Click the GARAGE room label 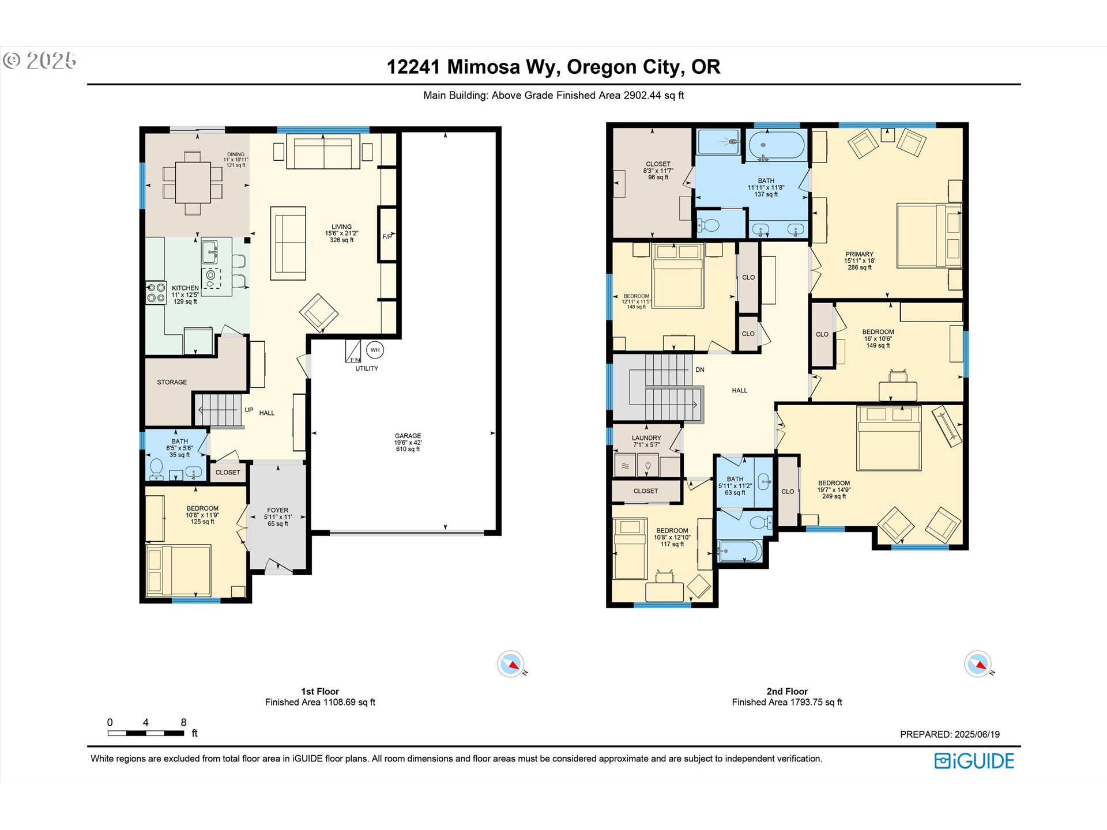coord(408,436)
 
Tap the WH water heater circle coord(375,350)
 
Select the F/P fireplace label coord(387,236)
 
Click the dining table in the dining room coord(193,182)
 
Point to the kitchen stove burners coord(156,292)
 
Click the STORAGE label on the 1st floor coord(172,382)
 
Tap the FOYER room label coord(277,510)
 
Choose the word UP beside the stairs coord(249,410)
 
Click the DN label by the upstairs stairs coord(700,369)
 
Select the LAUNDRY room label coord(646,438)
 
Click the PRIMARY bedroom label coord(859,254)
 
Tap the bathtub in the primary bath coord(777,145)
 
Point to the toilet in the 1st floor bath coord(156,469)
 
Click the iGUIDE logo coord(974,761)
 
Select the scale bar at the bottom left coord(146,733)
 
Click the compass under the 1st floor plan coord(511,665)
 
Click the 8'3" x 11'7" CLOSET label coord(658,164)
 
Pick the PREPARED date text coord(950,734)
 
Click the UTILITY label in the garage coord(367,368)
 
